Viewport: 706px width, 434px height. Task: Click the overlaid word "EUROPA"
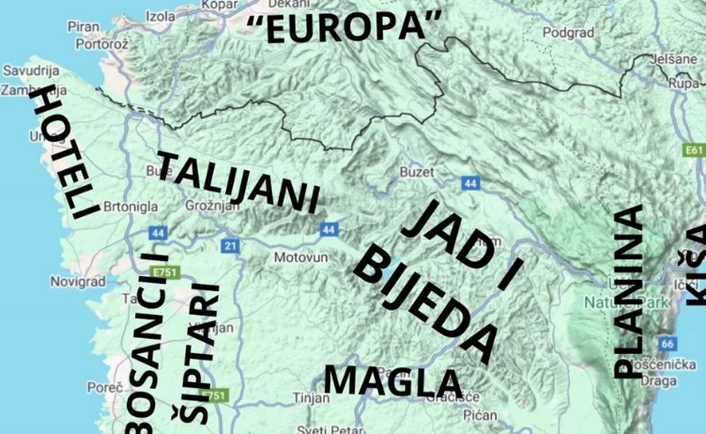click(344, 28)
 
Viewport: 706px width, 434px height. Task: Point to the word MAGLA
click(393, 381)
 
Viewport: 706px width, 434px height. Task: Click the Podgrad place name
click(562, 33)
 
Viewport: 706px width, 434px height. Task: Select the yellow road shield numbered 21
click(231, 245)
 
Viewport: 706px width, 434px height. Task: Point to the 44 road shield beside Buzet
click(469, 183)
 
